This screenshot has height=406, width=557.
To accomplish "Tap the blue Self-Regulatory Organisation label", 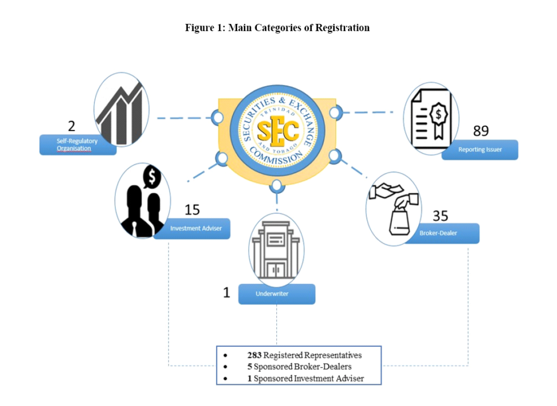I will (x=78, y=145).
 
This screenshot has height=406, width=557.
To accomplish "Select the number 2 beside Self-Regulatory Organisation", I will (x=71, y=127).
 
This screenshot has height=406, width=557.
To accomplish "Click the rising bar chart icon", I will (x=121, y=110).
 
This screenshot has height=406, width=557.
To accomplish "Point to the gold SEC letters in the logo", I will (x=277, y=131).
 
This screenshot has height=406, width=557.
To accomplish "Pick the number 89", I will (x=481, y=131).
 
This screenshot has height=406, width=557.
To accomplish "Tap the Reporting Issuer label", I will (x=480, y=150).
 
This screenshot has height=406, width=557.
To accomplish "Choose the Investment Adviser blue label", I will (x=192, y=229).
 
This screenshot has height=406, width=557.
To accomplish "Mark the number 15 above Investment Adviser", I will (x=192, y=210).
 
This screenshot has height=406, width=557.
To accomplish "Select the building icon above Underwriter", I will (x=276, y=249).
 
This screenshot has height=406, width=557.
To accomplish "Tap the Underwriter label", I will (x=276, y=294).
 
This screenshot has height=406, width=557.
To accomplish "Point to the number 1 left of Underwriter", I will (x=227, y=293).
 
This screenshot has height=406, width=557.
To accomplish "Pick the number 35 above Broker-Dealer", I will (x=440, y=216).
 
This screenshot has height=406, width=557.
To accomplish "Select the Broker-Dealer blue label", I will (x=442, y=233).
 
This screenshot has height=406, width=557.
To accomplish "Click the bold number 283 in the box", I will (x=255, y=355).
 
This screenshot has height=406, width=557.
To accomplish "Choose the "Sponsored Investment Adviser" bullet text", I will (x=309, y=378).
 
